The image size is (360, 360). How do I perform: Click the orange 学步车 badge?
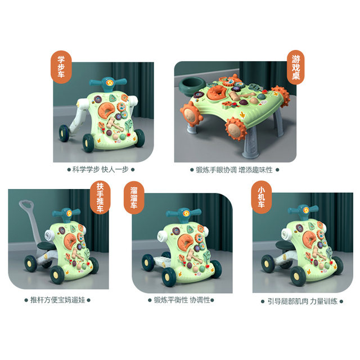point(61,67)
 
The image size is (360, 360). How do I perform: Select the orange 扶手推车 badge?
point(100,199)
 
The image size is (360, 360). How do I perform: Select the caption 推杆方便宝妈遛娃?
point(57,301)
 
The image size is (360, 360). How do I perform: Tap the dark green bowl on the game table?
point(191,88)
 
